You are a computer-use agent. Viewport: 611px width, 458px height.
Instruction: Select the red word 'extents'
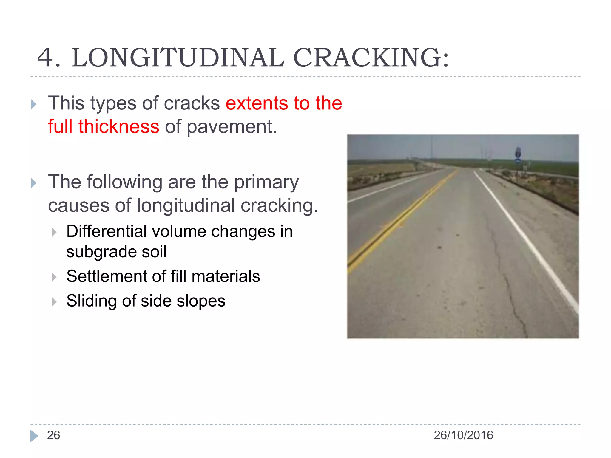pyautogui.click(x=257, y=103)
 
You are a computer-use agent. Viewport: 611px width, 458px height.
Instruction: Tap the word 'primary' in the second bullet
pyautogui.click(x=266, y=182)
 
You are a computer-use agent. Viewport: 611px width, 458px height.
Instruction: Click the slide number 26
pyautogui.click(x=53, y=435)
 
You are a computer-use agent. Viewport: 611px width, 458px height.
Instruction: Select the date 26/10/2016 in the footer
pyautogui.click(x=463, y=435)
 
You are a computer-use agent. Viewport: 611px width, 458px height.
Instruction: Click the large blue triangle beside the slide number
pyautogui.click(x=34, y=436)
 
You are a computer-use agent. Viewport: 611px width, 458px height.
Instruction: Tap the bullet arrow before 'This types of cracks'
pyautogui.click(x=33, y=104)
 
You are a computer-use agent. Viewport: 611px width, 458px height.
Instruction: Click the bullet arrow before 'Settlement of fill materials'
pyautogui.click(x=54, y=277)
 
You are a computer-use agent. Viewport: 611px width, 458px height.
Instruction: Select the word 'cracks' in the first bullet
pyautogui.click(x=192, y=103)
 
